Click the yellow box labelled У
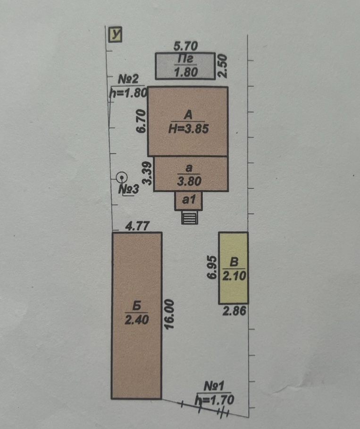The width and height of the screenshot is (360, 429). click(115, 35)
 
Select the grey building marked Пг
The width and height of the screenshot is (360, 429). click(185, 66)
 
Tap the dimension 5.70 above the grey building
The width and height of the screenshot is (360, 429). click(185, 46)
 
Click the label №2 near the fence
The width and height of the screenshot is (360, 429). click(128, 79)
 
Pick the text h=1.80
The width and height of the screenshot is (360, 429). click(128, 93)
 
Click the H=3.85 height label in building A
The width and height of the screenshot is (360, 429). click(189, 129)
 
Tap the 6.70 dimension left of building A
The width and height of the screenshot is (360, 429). click(141, 121)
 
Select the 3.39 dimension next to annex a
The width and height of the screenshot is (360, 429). click(148, 173)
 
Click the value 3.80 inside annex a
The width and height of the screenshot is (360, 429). click(189, 181)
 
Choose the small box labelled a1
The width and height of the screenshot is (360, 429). click(188, 200)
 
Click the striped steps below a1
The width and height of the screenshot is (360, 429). click(190, 218)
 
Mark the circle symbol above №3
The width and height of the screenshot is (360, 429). click(121, 178)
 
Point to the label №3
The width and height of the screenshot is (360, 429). click(129, 190)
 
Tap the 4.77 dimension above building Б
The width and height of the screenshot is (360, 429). click(137, 226)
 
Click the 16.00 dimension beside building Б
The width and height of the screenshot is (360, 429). click(169, 314)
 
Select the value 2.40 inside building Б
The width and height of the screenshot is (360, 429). click(137, 320)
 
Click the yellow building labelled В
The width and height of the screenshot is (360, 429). click(234, 268)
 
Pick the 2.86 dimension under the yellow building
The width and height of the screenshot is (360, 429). click(234, 311)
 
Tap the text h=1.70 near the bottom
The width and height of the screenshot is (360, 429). click(214, 400)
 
